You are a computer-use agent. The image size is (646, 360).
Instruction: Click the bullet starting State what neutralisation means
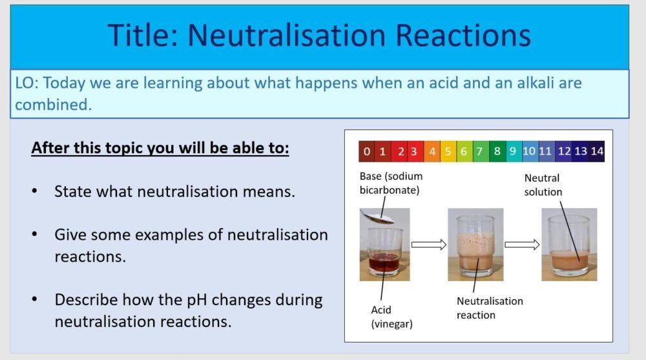[x=174, y=191]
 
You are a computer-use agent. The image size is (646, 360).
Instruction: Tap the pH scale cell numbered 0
[x=366, y=152]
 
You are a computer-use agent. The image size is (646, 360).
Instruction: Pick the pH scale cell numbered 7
[x=479, y=152]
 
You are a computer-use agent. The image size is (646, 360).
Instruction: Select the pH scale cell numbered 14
[x=596, y=152]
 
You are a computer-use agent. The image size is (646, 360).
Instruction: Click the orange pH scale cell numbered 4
[x=432, y=152]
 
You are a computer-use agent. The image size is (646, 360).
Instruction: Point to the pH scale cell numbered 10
[x=529, y=152]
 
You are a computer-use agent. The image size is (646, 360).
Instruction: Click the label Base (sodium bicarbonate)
[x=390, y=183]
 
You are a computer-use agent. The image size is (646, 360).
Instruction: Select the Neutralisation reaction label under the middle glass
[x=490, y=308]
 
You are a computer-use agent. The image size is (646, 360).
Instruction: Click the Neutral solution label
[x=543, y=184]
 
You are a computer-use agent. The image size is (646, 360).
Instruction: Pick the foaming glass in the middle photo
[x=475, y=246]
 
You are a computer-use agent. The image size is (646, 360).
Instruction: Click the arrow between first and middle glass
[x=428, y=244]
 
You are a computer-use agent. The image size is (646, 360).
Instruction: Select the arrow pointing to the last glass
[x=521, y=244]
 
